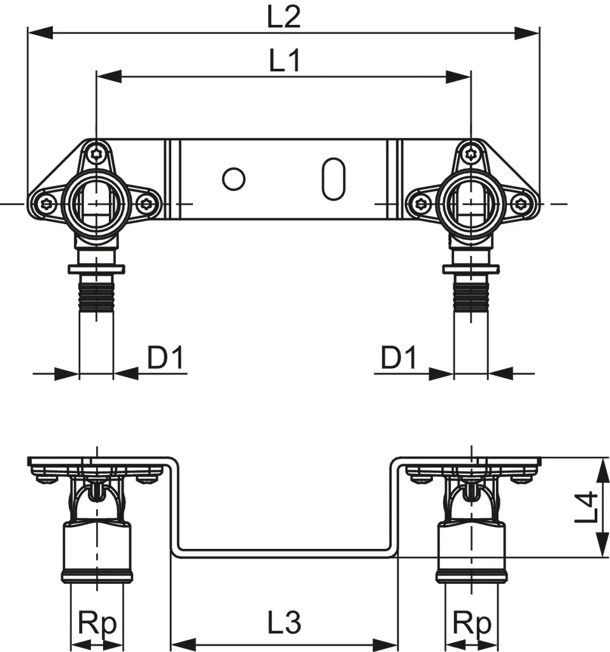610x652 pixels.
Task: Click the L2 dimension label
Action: [x=283, y=17]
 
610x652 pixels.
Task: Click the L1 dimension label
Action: [x=284, y=62]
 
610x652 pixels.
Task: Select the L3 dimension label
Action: [x=284, y=623]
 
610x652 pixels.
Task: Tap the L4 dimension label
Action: [x=586, y=507]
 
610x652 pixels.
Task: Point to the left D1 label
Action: [x=166, y=359]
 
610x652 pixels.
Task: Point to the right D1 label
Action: [x=399, y=359]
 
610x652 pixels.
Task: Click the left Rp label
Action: [x=97, y=623]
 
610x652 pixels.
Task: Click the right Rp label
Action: [x=471, y=623]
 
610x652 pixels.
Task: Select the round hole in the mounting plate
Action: [x=234, y=180]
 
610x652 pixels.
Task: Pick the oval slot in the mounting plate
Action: [x=333, y=180]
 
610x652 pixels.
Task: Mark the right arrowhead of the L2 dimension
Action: [x=527, y=32]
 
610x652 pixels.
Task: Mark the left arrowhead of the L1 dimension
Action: [x=108, y=77]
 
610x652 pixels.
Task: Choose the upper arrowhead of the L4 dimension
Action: [x=600, y=469]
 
